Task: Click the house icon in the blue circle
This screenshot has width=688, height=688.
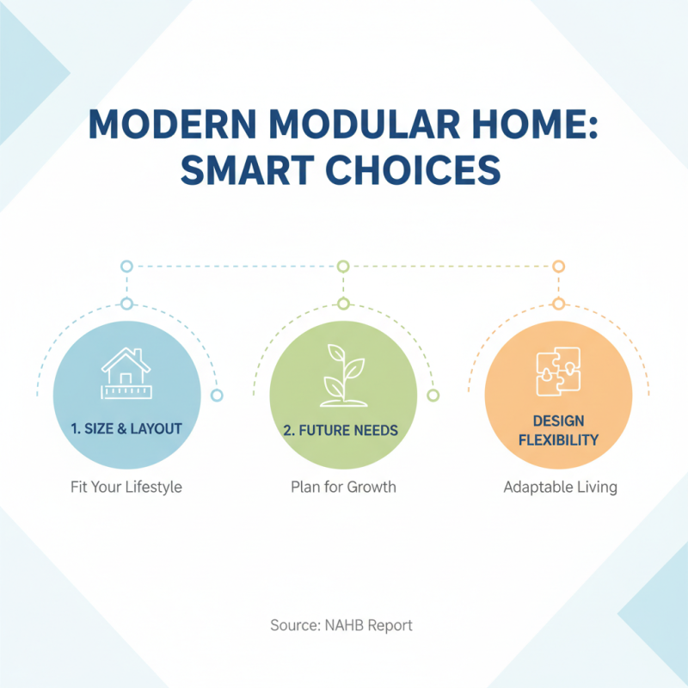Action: [126, 372]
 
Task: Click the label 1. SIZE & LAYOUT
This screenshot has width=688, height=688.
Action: [126, 428]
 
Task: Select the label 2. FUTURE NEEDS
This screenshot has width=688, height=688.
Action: [342, 428]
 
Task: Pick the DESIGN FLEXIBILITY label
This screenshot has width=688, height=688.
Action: [558, 430]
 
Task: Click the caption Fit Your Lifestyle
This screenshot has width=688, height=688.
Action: [126, 487]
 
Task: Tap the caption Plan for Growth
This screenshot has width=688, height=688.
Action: [342, 487]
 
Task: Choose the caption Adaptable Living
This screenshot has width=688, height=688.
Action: [560, 487]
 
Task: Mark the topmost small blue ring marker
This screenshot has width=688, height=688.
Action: [126, 267]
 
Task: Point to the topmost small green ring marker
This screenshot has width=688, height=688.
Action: [342, 267]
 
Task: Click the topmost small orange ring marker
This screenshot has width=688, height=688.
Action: [558, 267]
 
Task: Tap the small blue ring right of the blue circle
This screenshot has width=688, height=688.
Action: [217, 395]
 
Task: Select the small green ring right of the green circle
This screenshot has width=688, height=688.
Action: [433, 395]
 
